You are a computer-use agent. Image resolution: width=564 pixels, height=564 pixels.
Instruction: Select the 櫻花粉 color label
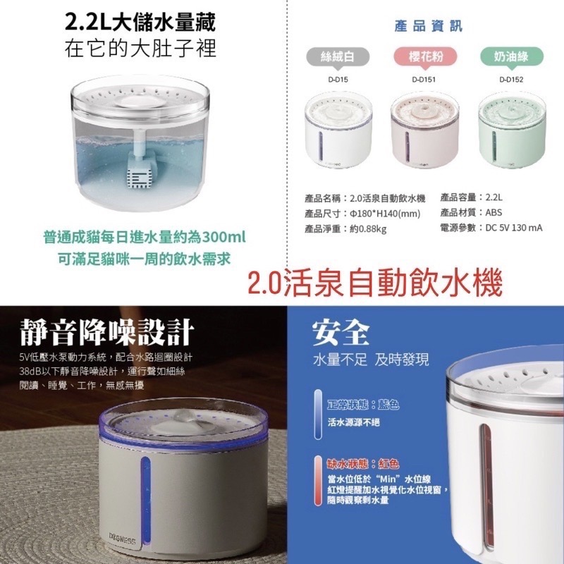(423, 56)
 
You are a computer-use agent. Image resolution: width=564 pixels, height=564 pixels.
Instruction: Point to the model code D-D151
(424, 80)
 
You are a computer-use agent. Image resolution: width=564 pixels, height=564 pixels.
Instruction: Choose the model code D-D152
(509, 80)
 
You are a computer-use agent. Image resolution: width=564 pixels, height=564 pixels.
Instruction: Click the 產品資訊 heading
(429, 26)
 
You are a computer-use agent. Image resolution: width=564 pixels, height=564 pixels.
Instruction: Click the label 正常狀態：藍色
(364, 406)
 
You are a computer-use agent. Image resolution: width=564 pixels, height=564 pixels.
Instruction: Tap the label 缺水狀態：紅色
(364, 463)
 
